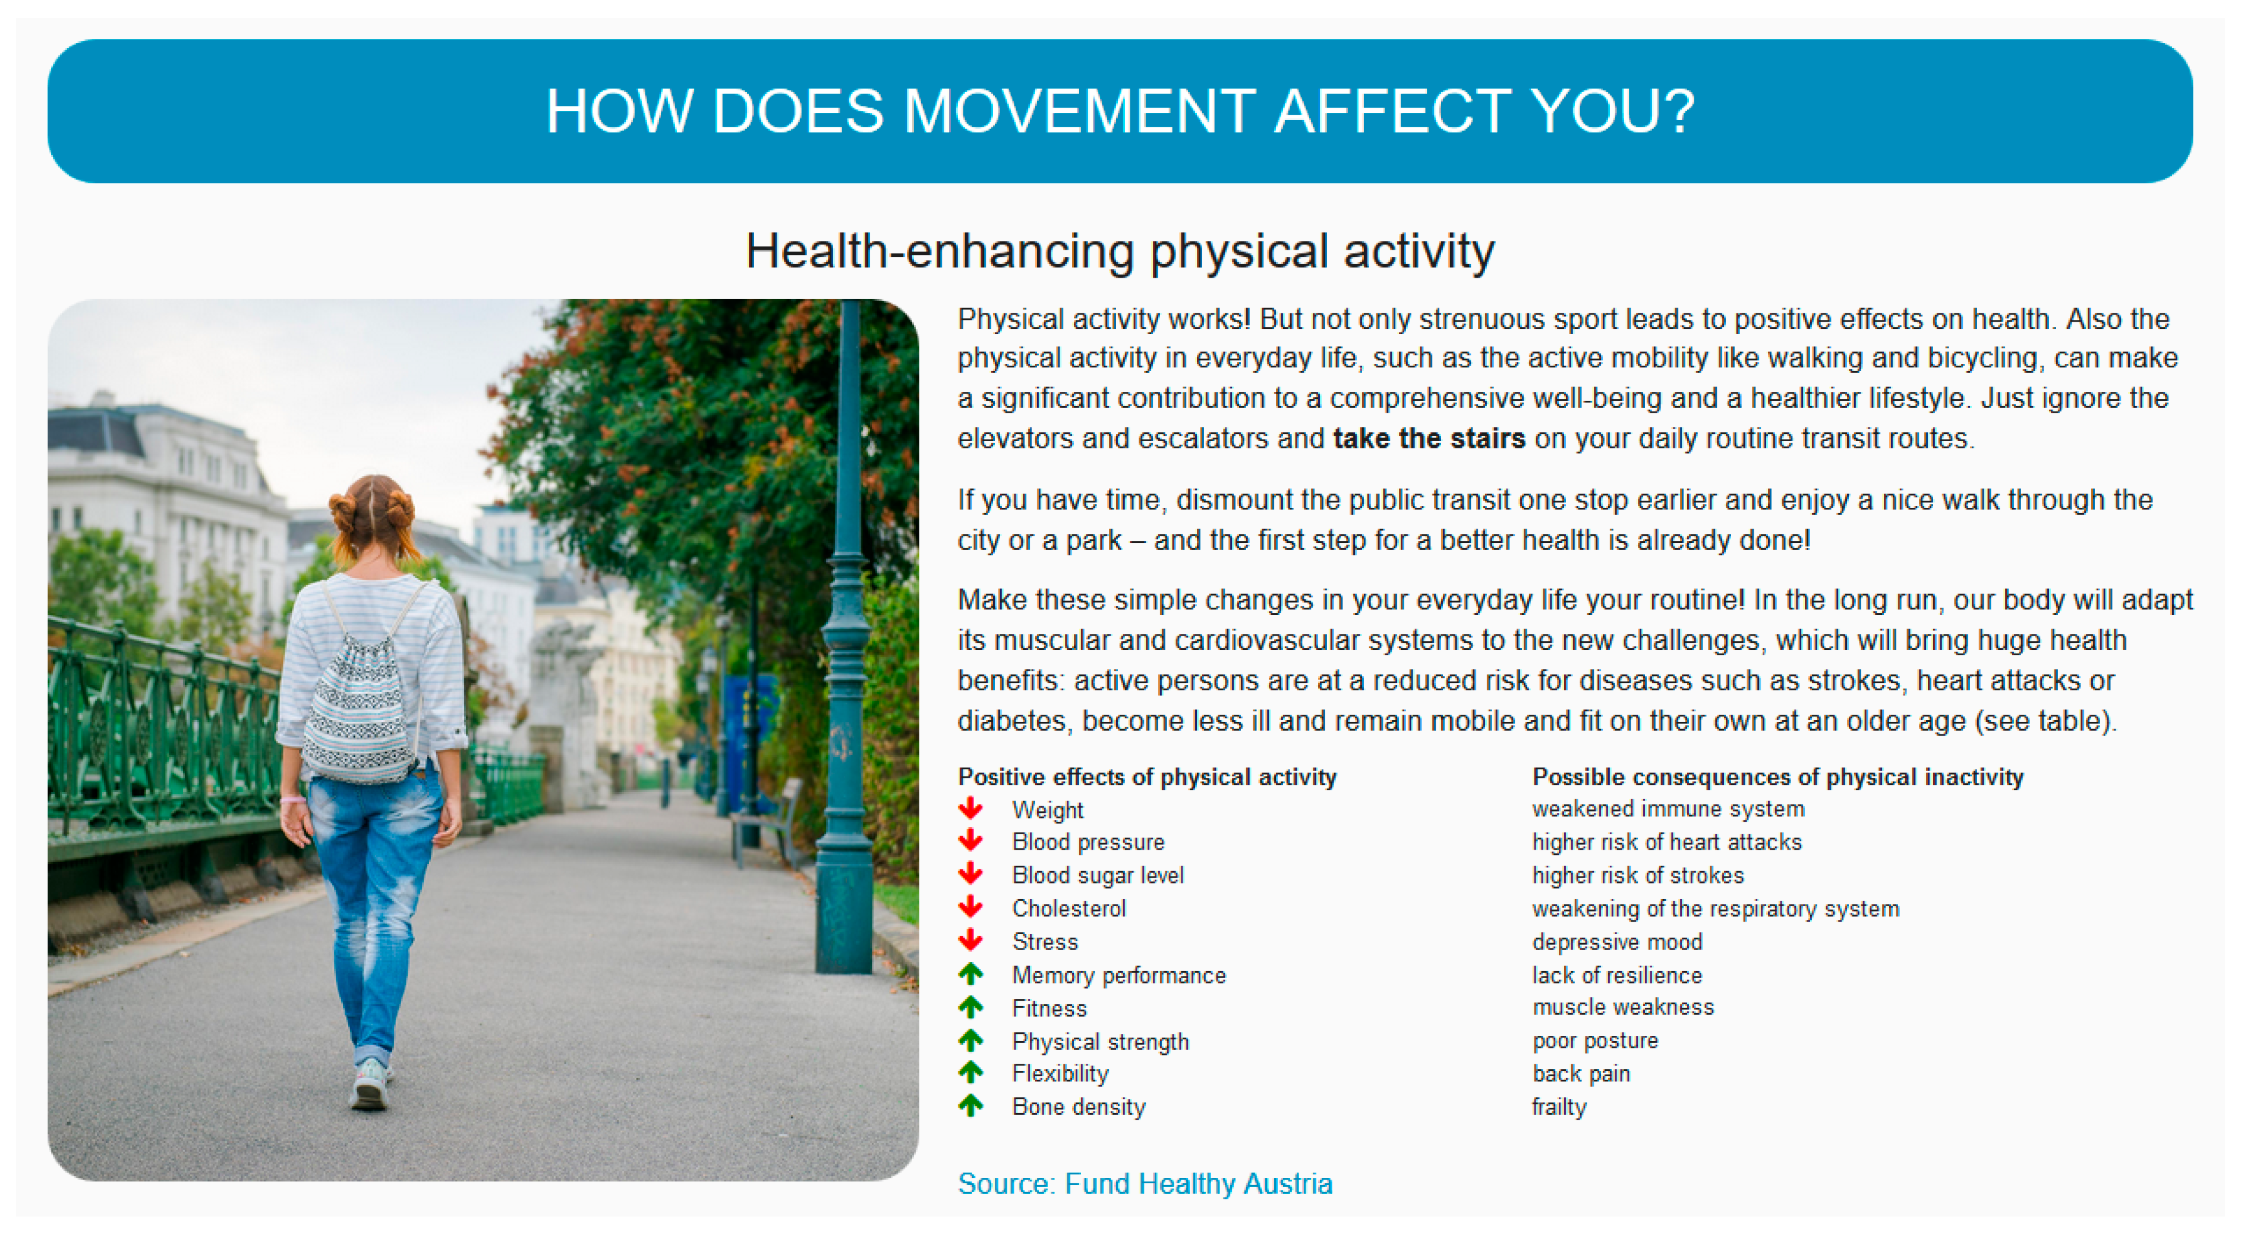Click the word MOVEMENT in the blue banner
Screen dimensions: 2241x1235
click(x=1079, y=111)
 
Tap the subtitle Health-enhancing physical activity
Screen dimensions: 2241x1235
click(x=1121, y=252)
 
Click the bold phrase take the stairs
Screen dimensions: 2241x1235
click(x=1429, y=438)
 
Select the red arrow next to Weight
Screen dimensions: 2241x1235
click(x=971, y=809)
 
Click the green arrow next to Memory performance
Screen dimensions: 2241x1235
click(x=971, y=974)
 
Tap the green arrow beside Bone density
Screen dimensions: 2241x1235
click(x=971, y=1105)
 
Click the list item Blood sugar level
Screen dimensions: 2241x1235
click(x=1098, y=875)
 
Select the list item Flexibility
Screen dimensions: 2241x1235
click(x=1060, y=1074)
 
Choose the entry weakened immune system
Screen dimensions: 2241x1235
click(x=1668, y=809)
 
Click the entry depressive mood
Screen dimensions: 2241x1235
click(x=1617, y=942)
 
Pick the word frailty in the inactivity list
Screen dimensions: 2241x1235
click(x=1559, y=1107)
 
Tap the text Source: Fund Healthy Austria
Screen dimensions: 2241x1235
click(x=1145, y=1184)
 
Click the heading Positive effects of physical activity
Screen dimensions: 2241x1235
click(x=1146, y=777)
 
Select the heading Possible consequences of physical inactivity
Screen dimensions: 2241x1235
click(x=1777, y=777)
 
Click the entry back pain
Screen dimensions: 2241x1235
click(x=1581, y=1074)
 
